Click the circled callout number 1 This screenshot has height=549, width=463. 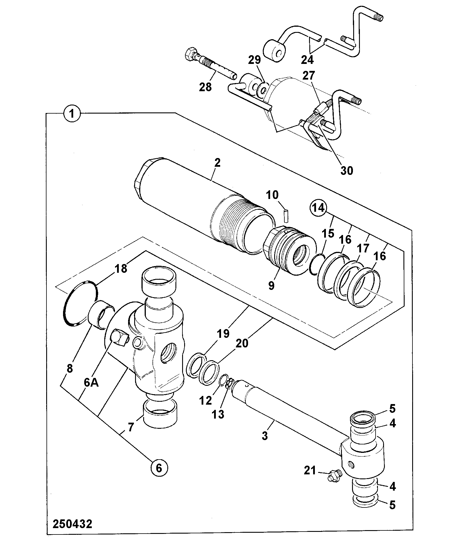click(72, 113)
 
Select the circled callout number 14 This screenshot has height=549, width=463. click(318, 208)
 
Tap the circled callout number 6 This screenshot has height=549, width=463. click(159, 468)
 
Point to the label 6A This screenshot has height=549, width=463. click(91, 383)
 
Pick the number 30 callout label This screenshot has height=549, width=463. click(347, 170)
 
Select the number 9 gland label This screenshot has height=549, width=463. click(271, 286)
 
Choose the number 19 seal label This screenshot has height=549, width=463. click(223, 334)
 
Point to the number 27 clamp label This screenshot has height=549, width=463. click(308, 75)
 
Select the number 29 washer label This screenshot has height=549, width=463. click(254, 60)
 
